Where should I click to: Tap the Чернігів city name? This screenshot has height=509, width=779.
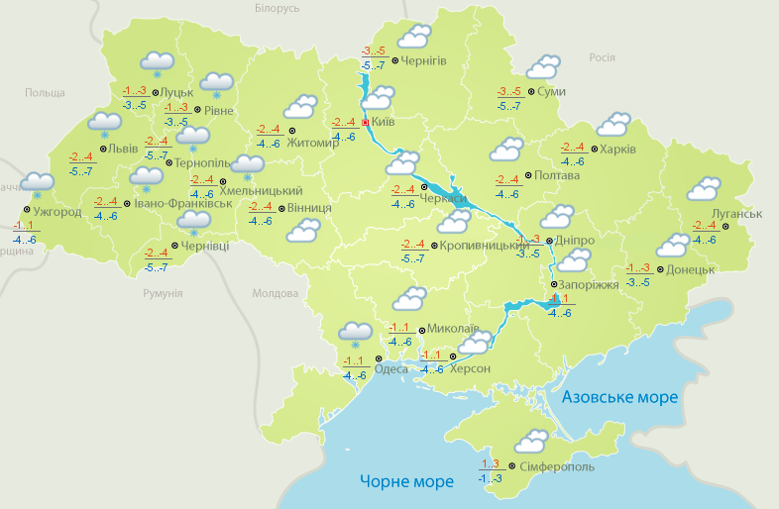425,60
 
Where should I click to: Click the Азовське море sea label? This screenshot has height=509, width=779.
619,397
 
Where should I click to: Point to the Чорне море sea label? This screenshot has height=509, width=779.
406,481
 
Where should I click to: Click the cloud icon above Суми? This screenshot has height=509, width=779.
542,67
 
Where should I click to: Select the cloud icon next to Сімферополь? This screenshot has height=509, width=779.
531,441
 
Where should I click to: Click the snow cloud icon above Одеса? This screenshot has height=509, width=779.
355,334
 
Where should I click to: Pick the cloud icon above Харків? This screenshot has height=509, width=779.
613,125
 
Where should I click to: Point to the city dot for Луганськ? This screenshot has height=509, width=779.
724,227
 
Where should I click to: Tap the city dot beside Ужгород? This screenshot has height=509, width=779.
26,210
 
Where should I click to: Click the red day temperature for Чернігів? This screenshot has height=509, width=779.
373,51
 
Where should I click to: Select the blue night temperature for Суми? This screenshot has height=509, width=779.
509,106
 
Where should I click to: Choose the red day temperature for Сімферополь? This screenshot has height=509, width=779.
490,463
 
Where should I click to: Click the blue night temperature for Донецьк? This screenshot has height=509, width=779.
638,282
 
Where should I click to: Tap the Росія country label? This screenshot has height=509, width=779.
603,57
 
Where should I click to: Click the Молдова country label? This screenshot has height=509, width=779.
275,294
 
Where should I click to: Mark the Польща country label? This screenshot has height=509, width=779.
45,92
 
